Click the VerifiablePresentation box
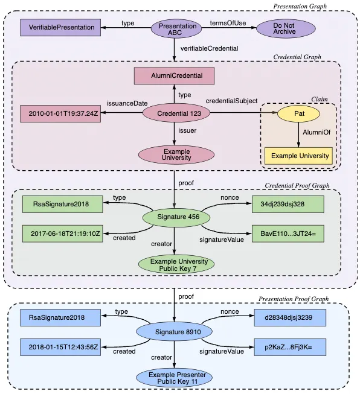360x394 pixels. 60,27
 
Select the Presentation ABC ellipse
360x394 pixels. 176,29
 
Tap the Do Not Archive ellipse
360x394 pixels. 286,28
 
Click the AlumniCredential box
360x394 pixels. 174,75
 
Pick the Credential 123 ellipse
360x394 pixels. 176,113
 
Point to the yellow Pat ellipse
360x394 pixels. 298,113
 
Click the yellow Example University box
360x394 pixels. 298,156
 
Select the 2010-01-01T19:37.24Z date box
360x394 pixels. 60,114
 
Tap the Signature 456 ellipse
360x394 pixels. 176,217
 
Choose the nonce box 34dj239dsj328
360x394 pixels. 288,205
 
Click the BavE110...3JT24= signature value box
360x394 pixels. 288,234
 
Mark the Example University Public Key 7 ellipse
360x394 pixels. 176,265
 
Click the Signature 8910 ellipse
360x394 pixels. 174,332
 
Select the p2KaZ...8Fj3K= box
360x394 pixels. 290,348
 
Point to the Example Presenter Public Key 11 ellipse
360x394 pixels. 174,378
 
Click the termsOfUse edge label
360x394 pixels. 228,23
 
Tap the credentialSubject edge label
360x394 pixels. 231,101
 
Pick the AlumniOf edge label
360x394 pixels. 317,132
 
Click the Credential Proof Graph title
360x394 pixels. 297,185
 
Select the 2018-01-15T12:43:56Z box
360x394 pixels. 60,348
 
